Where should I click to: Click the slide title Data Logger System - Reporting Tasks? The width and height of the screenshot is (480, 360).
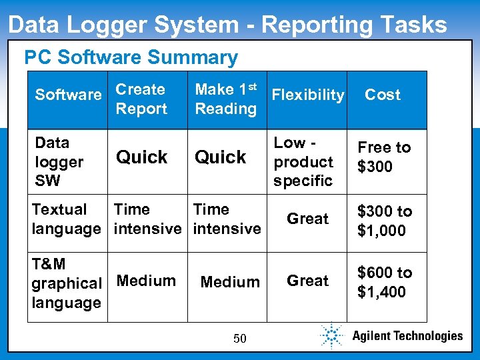pyautogui.click(x=227, y=25)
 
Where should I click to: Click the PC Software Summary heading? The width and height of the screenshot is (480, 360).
pyautogui.click(x=131, y=58)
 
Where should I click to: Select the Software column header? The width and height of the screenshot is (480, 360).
pyautogui.click(x=68, y=95)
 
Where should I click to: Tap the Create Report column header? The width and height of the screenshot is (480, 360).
pyautogui.click(x=141, y=99)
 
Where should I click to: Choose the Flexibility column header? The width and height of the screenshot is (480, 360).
pyautogui.click(x=308, y=95)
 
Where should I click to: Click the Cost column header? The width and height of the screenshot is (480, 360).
pyautogui.click(x=383, y=95)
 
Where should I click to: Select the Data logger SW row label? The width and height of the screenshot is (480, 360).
pyautogui.click(x=59, y=161)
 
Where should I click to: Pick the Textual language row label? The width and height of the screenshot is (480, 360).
pyautogui.click(x=65, y=219)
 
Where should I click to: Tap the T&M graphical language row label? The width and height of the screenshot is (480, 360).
pyautogui.click(x=66, y=283)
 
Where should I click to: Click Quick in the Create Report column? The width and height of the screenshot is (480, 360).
pyautogui.click(x=142, y=157)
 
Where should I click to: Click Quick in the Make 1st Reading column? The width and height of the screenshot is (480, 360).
pyautogui.click(x=221, y=157)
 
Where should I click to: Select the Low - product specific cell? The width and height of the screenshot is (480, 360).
pyautogui.click(x=303, y=161)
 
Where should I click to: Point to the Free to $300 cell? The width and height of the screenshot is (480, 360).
pyautogui.click(x=384, y=157)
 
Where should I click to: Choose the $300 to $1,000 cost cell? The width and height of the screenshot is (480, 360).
pyautogui.click(x=385, y=221)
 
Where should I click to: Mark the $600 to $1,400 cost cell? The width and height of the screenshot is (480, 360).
pyautogui.click(x=385, y=282)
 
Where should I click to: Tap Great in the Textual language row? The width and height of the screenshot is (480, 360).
pyautogui.click(x=307, y=219)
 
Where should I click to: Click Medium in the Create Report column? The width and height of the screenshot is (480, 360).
pyautogui.click(x=146, y=281)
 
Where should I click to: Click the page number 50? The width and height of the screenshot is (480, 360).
pyautogui.click(x=240, y=339)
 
